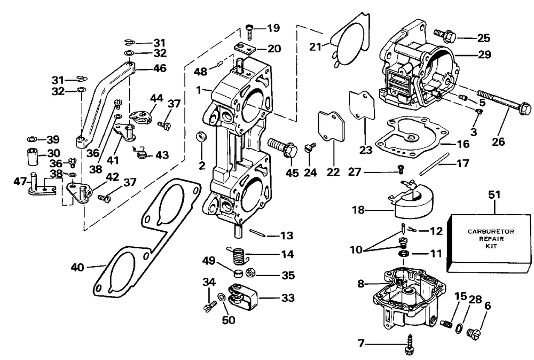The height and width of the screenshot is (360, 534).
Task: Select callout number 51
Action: [494, 195]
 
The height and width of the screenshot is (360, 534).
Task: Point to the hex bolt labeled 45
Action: [282, 147]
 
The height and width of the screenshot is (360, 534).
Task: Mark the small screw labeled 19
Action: [251, 28]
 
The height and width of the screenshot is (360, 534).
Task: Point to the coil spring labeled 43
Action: [142, 154]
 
